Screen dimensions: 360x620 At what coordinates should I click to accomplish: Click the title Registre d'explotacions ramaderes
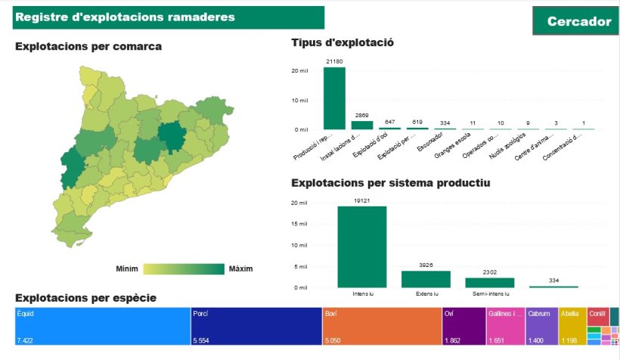point(125,17)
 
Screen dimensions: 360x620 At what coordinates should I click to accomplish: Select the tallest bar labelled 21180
point(334,98)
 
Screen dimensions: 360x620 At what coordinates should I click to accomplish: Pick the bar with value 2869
point(362,125)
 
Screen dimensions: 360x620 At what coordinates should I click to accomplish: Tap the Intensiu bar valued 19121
point(362,247)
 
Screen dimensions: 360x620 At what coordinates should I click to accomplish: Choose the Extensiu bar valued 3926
point(426,279)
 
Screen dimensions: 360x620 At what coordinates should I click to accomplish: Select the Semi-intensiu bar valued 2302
point(489,282)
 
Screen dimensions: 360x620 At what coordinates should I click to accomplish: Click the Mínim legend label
point(127,269)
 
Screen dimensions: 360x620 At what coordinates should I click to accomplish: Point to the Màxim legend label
point(240,269)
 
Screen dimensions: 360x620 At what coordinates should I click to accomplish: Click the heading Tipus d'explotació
point(343,43)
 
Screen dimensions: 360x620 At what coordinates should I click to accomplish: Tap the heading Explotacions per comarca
point(88,47)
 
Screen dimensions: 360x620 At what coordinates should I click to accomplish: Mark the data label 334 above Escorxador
point(445,123)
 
